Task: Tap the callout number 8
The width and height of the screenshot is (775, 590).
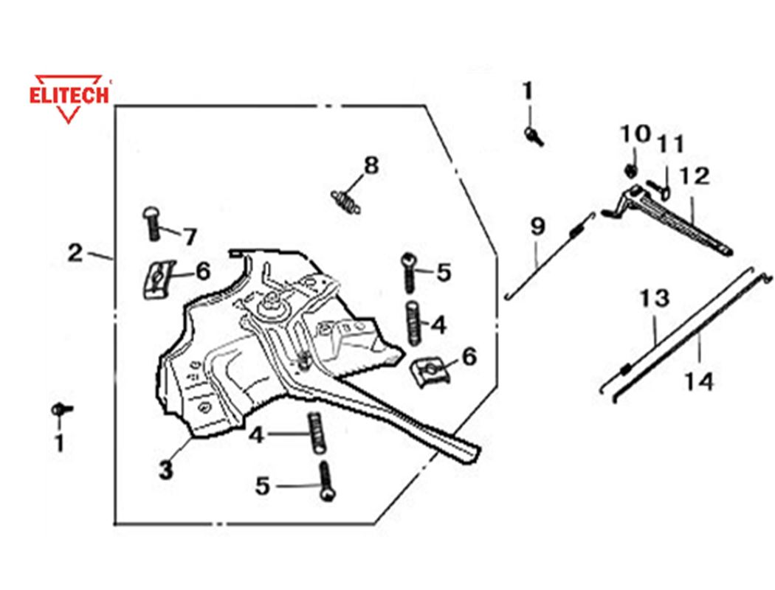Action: [x=371, y=165]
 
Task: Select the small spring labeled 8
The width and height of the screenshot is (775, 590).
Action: [x=345, y=201]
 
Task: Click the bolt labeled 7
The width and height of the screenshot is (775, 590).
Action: [x=151, y=222]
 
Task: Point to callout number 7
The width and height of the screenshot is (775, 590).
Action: [x=190, y=236]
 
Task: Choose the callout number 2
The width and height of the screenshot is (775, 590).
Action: [x=75, y=253]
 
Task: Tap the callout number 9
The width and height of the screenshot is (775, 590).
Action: [x=537, y=226]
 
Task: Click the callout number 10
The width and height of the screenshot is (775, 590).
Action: [x=635, y=135]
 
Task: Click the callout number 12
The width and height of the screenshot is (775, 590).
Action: [x=695, y=176]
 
